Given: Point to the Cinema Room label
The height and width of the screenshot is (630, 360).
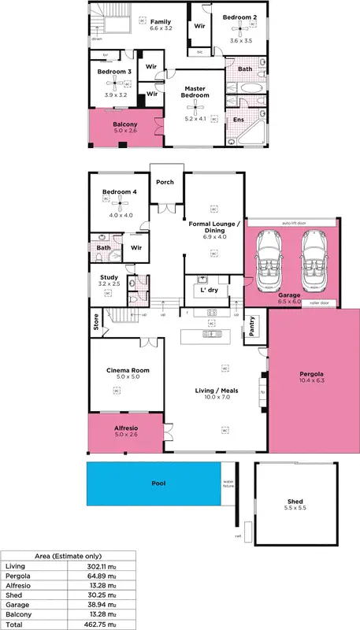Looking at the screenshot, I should [x=128, y=370].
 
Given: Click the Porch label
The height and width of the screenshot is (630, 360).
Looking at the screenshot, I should [x=165, y=182].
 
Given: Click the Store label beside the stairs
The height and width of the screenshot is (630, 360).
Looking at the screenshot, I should [x=95, y=325].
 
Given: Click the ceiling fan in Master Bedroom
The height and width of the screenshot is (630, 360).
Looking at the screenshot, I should [x=195, y=109].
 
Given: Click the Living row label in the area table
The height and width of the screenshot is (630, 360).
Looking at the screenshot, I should [x=15, y=567].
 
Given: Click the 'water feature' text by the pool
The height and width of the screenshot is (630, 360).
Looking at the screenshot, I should [x=229, y=484].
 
